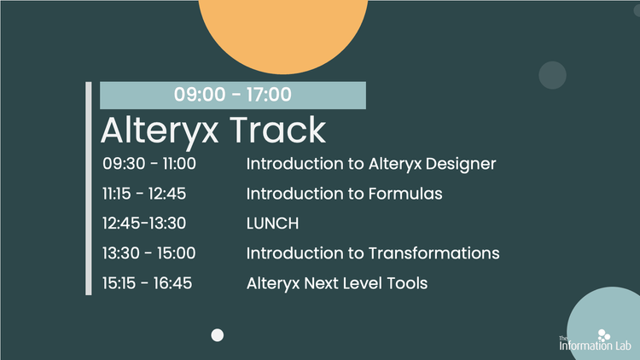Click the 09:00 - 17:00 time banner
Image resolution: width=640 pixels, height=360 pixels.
point(232,95)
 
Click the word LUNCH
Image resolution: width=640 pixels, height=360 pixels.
point(272,224)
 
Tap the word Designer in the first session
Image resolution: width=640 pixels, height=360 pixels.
point(464,163)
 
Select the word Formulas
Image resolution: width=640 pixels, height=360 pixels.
point(404,194)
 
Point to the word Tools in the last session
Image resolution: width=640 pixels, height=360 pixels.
point(408,283)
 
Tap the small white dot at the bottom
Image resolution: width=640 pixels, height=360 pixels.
point(218,334)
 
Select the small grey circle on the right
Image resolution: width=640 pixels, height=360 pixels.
point(553,75)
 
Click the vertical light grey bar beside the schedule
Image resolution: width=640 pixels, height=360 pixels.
point(88,189)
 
